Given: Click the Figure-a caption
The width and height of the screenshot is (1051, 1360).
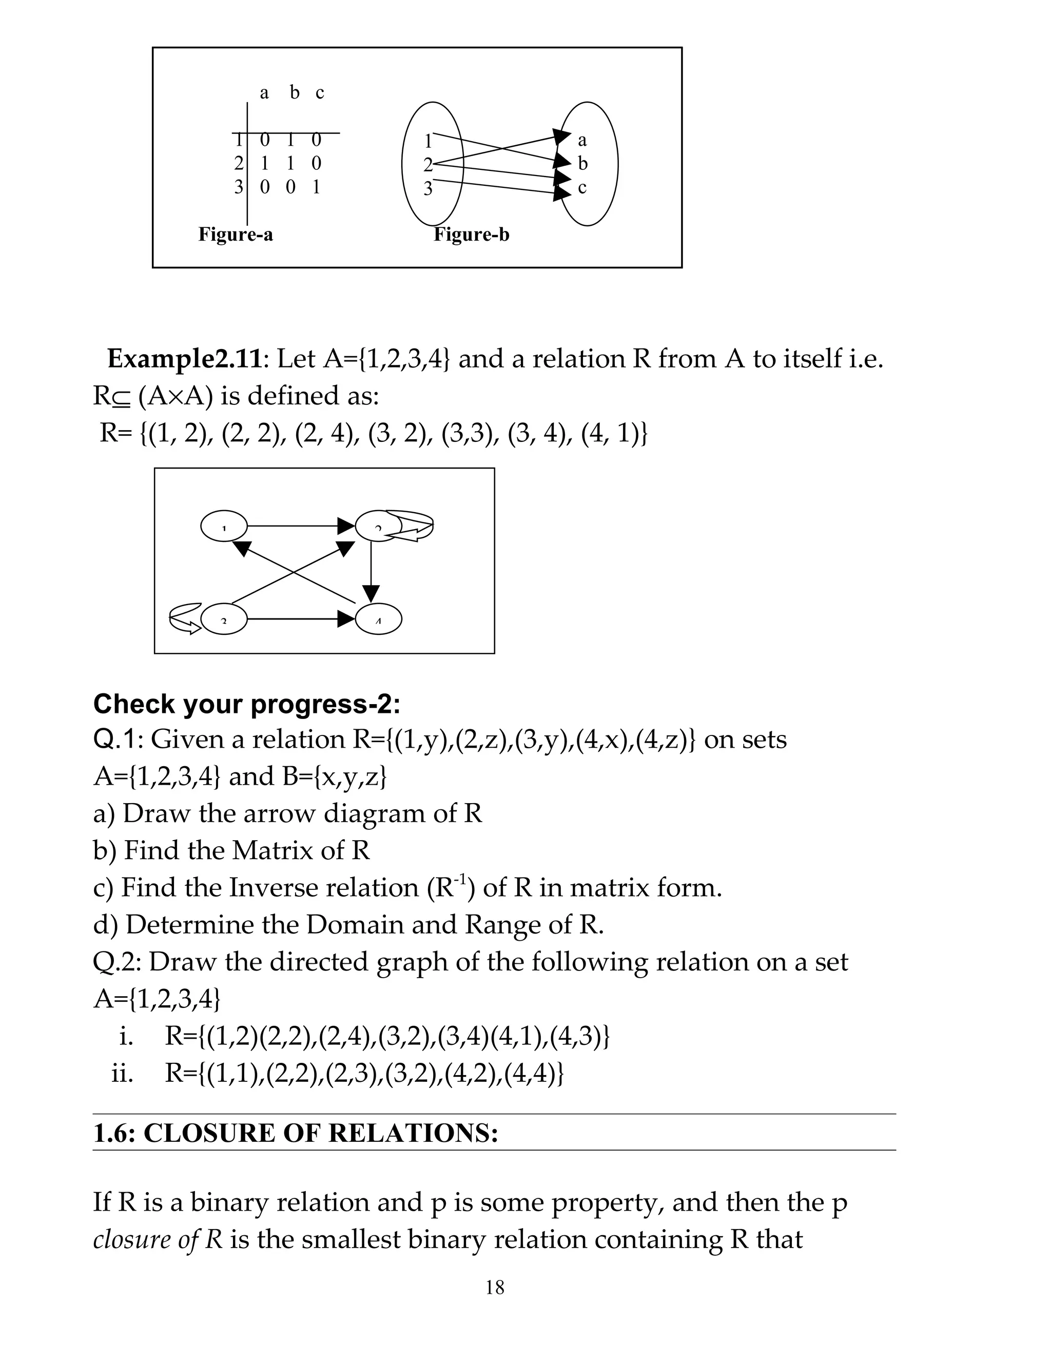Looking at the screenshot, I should click(236, 235).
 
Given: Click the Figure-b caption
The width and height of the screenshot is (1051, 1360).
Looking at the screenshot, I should click(471, 235).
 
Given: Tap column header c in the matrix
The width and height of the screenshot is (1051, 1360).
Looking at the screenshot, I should click(319, 93).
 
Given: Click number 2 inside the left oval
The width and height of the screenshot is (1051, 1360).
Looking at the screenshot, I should click(427, 165).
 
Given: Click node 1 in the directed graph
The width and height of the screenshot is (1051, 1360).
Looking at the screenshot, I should click(224, 526).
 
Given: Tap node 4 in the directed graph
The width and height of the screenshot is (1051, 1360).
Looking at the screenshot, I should click(379, 619).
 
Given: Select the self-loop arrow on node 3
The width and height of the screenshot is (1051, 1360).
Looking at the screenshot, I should click(185, 618).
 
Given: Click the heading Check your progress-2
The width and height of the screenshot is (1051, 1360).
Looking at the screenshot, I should click(246, 704).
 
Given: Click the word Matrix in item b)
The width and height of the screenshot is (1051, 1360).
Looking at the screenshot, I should click(271, 850).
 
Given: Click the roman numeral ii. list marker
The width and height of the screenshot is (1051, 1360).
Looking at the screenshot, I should click(123, 1074).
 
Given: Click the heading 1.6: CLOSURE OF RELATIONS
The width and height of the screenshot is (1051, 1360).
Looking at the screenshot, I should click(295, 1133).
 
